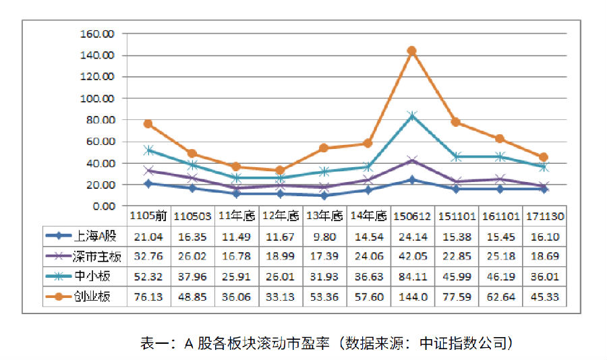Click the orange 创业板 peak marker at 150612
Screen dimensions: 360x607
point(411,51)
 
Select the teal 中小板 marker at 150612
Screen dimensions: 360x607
point(412,115)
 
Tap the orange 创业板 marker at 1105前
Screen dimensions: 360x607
point(148,124)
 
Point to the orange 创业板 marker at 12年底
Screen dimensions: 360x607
point(280,171)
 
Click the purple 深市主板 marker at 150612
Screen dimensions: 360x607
point(412,160)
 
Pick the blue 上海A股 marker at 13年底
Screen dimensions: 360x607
point(324,196)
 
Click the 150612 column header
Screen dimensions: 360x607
point(411,216)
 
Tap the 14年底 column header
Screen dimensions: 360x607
point(368,216)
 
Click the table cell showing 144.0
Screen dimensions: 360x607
point(411,297)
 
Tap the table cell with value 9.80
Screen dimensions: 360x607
point(324,236)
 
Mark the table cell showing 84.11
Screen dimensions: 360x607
point(411,276)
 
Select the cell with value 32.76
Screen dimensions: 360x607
point(148,256)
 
